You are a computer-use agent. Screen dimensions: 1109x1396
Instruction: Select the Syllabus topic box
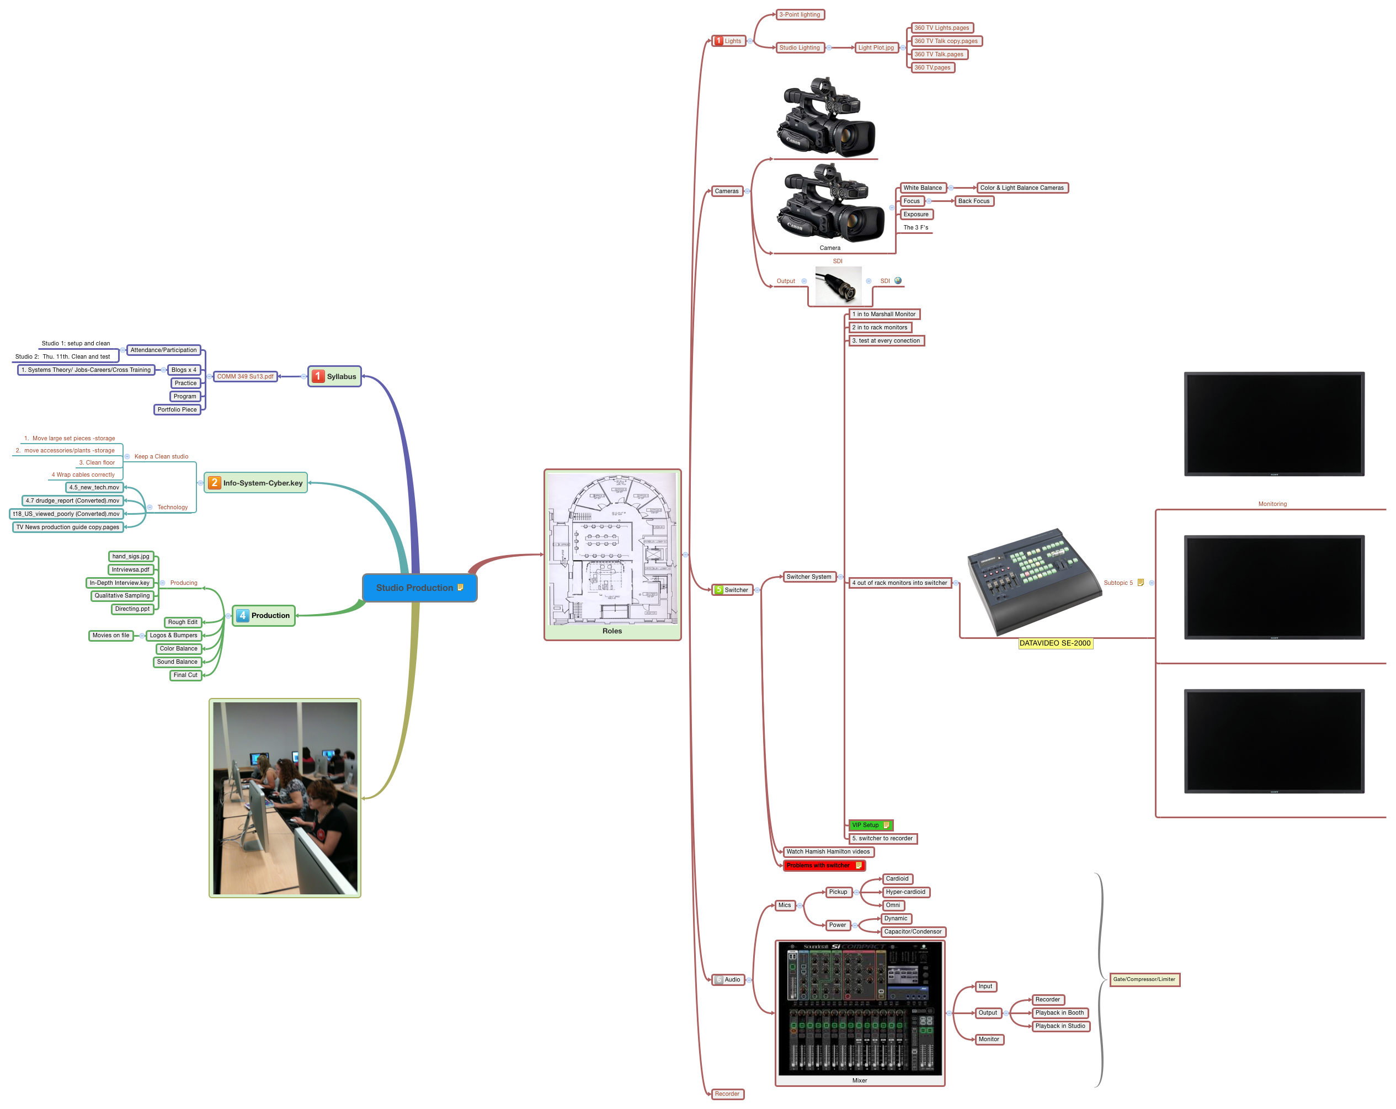(x=334, y=376)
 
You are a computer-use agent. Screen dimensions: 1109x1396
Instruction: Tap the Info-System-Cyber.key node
(x=256, y=483)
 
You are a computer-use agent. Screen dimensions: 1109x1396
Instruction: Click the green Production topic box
(x=264, y=616)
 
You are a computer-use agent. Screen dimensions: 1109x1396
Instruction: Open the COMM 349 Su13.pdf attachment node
(x=245, y=376)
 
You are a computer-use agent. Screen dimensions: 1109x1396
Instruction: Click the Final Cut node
(x=185, y=675)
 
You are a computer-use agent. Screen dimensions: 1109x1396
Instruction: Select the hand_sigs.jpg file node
(x=131, y=556)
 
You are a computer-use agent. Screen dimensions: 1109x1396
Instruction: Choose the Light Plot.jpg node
(x=876, y=47)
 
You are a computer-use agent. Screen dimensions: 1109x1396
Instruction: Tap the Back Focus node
(x=973, y=201)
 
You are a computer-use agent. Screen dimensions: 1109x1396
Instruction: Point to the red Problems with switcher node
(x=823, y=866)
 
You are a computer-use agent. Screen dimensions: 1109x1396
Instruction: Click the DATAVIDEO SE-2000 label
(x=1055, y=643)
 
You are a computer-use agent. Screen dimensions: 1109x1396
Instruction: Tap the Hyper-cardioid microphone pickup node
(x=905, y=892)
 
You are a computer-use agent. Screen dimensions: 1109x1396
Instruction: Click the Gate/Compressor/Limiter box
(x=1144, y=979)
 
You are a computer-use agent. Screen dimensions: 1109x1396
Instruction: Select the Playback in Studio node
(x=1060, y=1026)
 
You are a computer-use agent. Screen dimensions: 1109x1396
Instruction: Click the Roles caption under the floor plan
(x=612, y=631)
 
